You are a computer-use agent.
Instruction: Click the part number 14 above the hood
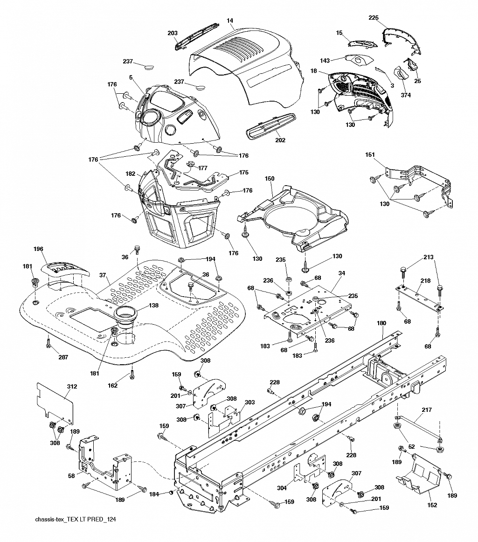click(x=230, y=21)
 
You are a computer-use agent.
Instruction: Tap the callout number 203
click(x=173, y=33)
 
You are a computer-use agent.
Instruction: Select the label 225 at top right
click(x=373, y=18)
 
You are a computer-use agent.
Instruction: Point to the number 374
click(x=406, y=95)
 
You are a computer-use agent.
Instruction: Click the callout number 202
click(x=280, y=140)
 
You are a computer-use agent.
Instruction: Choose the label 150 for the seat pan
click(x=270, y=179)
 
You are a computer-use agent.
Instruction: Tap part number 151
click(x=370, y=155)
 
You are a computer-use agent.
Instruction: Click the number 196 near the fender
click(x=38, y=249)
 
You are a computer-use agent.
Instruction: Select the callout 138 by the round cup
click(x=153, y=305)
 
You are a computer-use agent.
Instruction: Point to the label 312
click(x=72, y=387)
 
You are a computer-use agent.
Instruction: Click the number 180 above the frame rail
click(x=381, y=323)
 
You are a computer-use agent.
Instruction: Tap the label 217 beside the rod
click(x=427, y=410)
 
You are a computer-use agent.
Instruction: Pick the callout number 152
click(x=432, y=505)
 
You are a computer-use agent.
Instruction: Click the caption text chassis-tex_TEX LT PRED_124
click(x=75, y=520)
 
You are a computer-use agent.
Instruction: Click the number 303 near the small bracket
click(x=249, y=403)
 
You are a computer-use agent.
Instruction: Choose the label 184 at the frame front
click(x=154, y=494)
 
